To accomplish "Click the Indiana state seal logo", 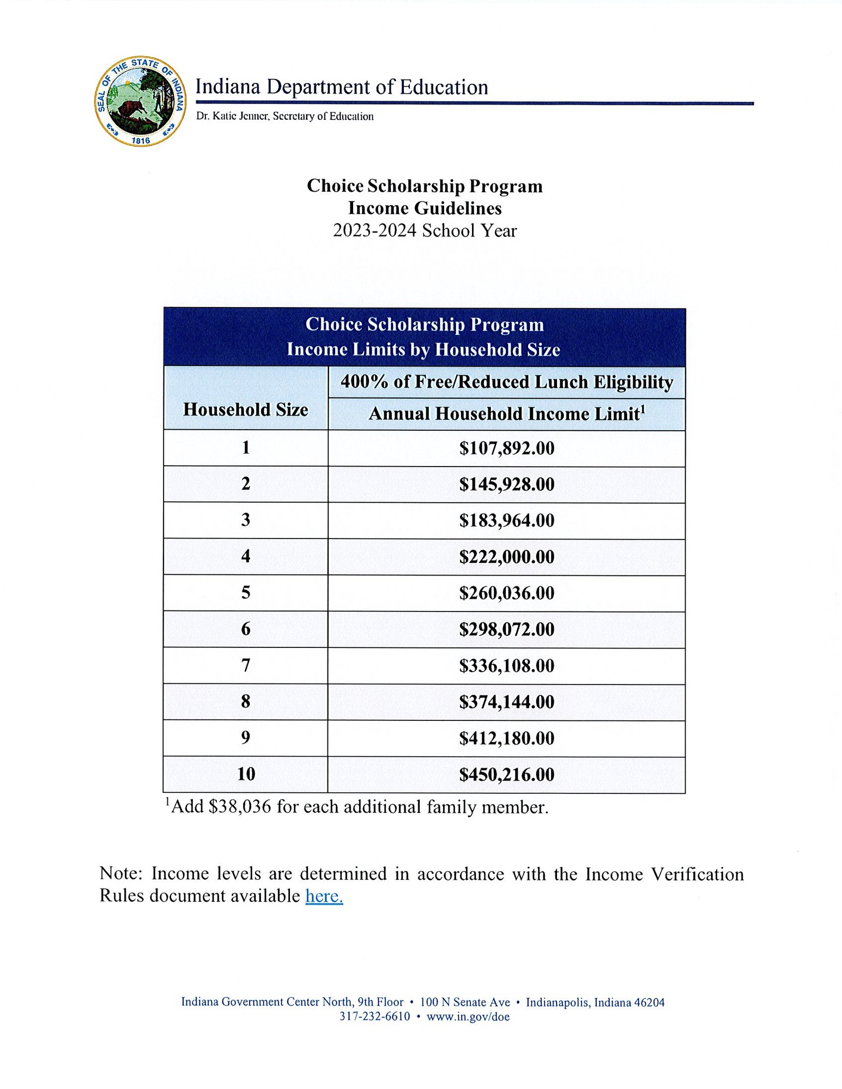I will pyautogui.click(x=140, y=101).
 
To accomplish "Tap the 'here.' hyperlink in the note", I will pyautogui.click(x=324, y=896).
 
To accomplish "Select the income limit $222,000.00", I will pyautogui.click(x=506, y=556).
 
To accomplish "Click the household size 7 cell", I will pyautogui.click(x=246, y=665).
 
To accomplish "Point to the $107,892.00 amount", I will pyautogui.click(x=506, y=448).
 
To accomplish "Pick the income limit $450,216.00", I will pyautogui.click(x=506, y=774).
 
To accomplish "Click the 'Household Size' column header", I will pyautogui.click(x=246, y=409).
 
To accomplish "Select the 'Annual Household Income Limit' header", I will pyautogui.click(x=506, y=414).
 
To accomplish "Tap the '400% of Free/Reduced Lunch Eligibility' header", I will pyautogui.click(x=506, y=382).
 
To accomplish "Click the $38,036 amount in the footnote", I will pyautogui.click(x=239, y=807).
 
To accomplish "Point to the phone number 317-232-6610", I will pyautogui.click(x=374, y=1017).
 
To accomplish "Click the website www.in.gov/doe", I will pyautogui.click(x=468, y=1017).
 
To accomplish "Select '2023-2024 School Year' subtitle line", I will pyautogui.click(x=425, y=231).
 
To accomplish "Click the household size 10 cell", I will pyautogui.click(x=246, y=774).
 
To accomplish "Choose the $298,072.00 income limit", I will pyautogui.click(x=506, y=629).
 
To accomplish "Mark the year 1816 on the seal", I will pyautogui.click(x=141, y=140).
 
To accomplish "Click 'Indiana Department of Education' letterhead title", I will pyautogui.click(x=342, y=87).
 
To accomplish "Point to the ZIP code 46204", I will pyautogui.click(x=650, y=1002).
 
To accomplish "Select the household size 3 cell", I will pyautogui.click(x=246, y=520).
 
